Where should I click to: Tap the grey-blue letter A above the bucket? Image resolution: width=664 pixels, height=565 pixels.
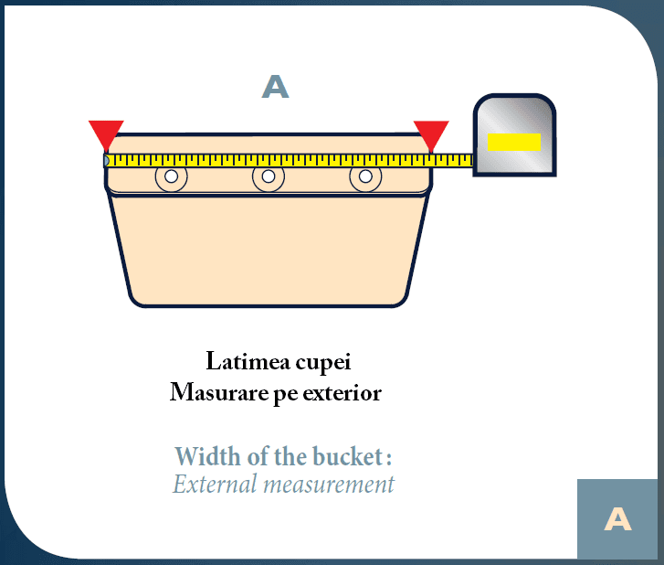pos(275,87)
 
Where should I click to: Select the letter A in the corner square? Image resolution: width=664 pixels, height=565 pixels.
pos(617,518)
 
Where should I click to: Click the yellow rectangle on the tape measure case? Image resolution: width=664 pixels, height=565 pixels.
pos(514,142)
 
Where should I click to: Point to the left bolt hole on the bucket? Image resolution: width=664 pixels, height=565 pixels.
pos(171,176)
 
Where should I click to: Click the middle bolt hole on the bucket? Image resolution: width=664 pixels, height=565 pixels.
pos(269,176)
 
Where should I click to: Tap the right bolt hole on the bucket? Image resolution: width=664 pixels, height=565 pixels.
pos(365,176)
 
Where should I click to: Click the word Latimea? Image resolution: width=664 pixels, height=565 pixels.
pos(248,361)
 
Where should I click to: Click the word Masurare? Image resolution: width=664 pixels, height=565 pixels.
pos(219,392)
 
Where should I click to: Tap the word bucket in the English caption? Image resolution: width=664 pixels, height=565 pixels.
pos(348,456)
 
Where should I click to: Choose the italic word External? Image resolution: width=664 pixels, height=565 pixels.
pos(216,484)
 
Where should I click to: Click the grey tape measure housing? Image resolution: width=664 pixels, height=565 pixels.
pos(514,134)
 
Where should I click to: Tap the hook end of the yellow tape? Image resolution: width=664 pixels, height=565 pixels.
pos(106,161)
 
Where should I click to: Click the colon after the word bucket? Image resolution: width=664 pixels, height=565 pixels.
pos(389,459)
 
